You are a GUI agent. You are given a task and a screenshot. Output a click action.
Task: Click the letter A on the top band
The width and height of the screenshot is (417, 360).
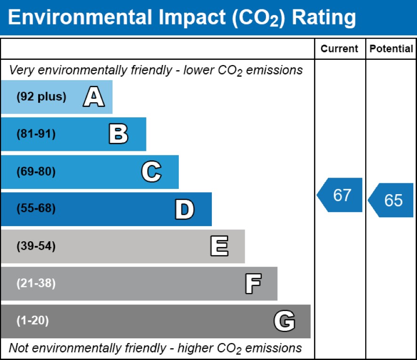click(94, 98)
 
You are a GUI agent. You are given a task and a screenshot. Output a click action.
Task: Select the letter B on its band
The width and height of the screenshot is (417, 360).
click(118, 135)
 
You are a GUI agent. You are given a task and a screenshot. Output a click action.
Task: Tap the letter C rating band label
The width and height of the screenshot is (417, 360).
click(151, 172)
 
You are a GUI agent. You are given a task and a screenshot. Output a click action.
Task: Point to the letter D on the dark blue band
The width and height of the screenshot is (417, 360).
click(184, 209)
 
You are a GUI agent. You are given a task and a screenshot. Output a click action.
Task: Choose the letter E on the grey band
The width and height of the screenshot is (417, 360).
click(219, 246)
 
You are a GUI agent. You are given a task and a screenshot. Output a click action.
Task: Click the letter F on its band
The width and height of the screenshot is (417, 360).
click(253, 284)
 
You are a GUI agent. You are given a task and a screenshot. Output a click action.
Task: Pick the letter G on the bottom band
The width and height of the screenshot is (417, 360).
click(284, 321)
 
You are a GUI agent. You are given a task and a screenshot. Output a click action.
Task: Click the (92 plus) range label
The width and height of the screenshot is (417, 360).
click(41, 97)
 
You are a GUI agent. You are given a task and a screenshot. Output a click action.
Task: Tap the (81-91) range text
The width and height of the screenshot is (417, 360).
click(36, 134)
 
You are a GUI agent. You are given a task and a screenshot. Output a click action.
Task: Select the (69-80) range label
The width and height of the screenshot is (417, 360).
click(36, 172)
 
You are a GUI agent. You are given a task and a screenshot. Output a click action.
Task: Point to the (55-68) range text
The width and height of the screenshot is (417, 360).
click(36, 209)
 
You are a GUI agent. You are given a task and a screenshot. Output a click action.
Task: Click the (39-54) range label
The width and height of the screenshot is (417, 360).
click(36, 246)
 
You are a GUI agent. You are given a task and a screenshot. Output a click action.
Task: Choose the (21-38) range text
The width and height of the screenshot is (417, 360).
click(36, 283)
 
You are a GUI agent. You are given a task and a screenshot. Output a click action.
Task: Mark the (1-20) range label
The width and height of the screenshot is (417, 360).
click(33, 321)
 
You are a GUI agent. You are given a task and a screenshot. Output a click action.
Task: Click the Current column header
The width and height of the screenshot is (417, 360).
click(339, 49)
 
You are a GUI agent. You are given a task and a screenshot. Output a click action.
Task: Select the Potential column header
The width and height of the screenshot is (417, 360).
click(391, 49)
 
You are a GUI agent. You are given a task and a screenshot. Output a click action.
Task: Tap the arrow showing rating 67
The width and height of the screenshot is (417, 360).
click(340, 195)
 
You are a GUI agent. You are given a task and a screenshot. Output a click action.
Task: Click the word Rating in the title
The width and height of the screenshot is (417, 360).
click(324, 18)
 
